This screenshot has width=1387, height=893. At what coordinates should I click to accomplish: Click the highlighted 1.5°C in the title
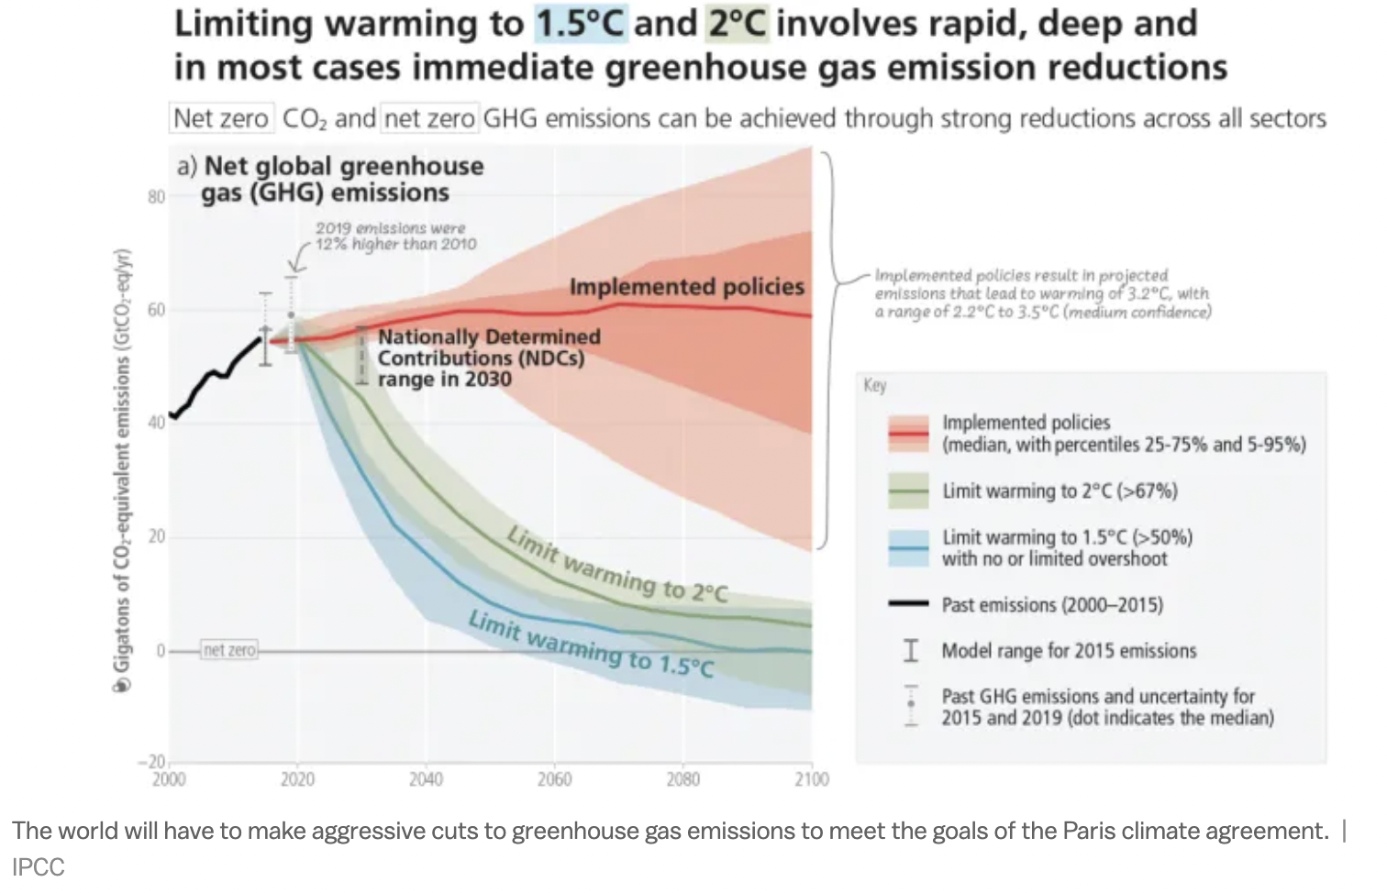pyautogui.click(x=581, y=23)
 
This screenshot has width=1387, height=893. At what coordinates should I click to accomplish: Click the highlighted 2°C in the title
pyautogui.click(x=736, y=23)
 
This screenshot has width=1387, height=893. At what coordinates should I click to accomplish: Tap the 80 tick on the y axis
pyautogui.click(x=156, y=196)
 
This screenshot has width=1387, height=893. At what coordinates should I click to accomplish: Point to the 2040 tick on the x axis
pyautogui.click(x=426, y=779)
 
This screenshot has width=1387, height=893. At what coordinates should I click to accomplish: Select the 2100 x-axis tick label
pyautogui.click(x=811, y=779)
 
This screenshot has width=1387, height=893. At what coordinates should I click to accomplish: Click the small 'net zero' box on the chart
pyautogui.click(x=229, y=650)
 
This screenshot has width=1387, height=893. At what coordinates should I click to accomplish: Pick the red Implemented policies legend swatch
pyautogui.click(x=908, y=434)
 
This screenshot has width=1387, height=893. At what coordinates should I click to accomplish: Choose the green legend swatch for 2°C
pyautogui.click(x=908, y=491)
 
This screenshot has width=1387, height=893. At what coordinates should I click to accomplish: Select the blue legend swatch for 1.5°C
pyautogui.click(x=908, y=547)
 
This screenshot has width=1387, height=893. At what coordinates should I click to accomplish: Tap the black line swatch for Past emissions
pyautogui.click(x=908, y=604)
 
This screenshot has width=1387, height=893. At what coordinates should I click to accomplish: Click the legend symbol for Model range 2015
pyautogui.click(x=910, y=651)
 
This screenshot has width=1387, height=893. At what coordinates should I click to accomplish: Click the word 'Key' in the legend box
pyautogui.click(x=875, y=385)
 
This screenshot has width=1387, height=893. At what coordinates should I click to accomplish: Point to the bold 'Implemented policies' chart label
pyautogui.click(x=686, y=287)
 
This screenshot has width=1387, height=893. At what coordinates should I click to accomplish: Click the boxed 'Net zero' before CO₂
pyautogui.click(x=221, y=118)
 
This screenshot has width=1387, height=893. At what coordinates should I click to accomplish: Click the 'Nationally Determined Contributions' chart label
pyautogui.click(x=489, y=358)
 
